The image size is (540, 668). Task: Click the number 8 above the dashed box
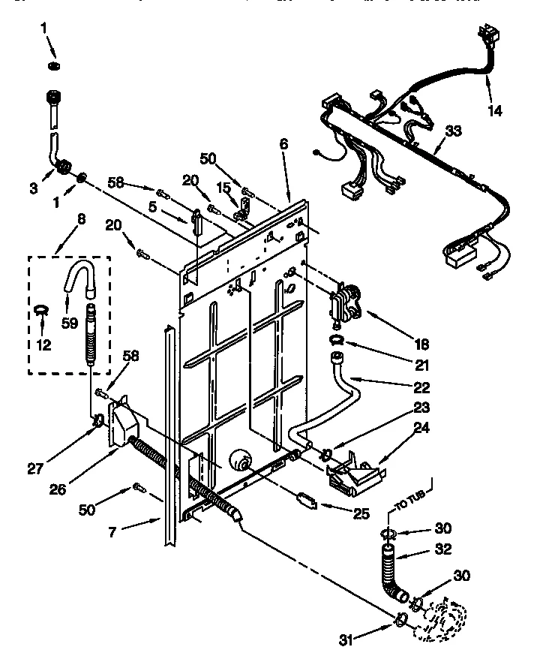click(81, 220)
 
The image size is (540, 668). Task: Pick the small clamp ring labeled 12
click(42, 308)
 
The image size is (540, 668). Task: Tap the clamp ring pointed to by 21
click(337, 344)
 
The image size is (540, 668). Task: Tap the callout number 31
click(344, 639)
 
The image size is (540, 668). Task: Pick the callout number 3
click(33, 189)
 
